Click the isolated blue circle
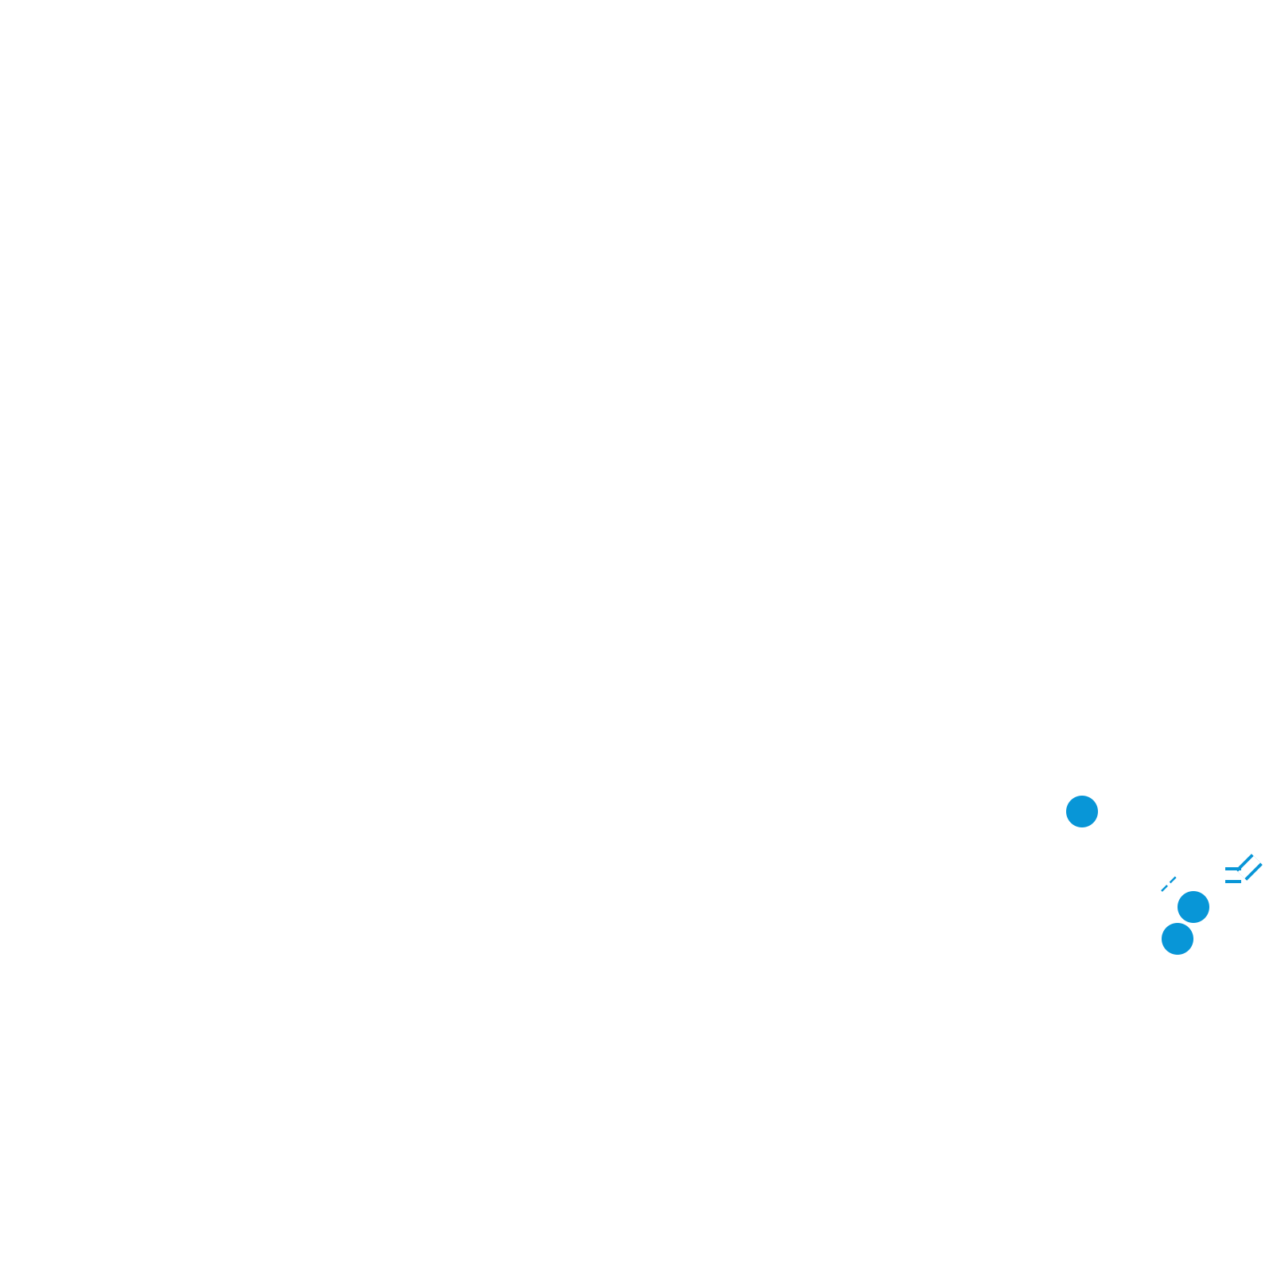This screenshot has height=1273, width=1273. (1082, 812)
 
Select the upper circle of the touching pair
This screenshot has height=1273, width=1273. (1193, 906)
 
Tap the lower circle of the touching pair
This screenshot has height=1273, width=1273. (1178, 939)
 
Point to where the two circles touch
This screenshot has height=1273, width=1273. (1185, 923)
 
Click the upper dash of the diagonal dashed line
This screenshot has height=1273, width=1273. (1173, 880)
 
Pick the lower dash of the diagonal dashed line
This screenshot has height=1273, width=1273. (1165, 888)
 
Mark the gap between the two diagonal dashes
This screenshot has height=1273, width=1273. (1169, 884)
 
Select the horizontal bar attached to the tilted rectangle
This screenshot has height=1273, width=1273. (1231, 869)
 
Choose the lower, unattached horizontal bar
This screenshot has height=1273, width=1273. (1233, 882)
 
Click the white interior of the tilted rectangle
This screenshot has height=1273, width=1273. (1249, 867)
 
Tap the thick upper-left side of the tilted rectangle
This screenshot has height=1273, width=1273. (1245, 862)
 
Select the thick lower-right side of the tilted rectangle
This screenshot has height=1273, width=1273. (1254, 872)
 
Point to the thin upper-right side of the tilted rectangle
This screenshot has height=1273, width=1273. (1257, 859)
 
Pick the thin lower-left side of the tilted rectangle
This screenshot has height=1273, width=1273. (1241, 875)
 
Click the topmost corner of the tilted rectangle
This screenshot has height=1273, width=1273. (1252, 854)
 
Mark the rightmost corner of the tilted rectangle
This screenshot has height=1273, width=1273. (1263, 865)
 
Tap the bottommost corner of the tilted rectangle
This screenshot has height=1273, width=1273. (1247, 881)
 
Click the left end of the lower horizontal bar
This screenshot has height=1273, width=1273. (1226, 882)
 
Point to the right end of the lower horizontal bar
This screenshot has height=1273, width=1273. (1240, 882)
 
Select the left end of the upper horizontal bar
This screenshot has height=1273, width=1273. (1226, 869)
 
